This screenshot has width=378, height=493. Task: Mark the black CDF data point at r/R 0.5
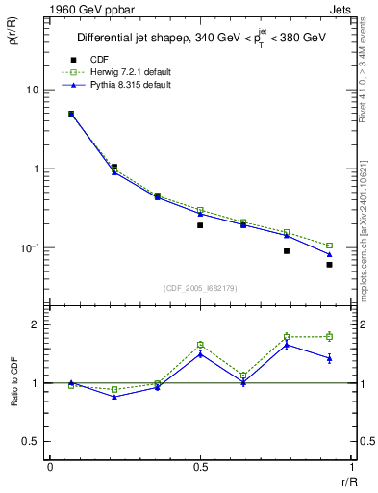tap(200, 225)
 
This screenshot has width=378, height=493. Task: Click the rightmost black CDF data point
tap(329, 265)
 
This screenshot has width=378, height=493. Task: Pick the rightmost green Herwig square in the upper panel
tap(329, 246)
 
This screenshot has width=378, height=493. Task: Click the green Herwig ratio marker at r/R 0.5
tap(200, 344)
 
